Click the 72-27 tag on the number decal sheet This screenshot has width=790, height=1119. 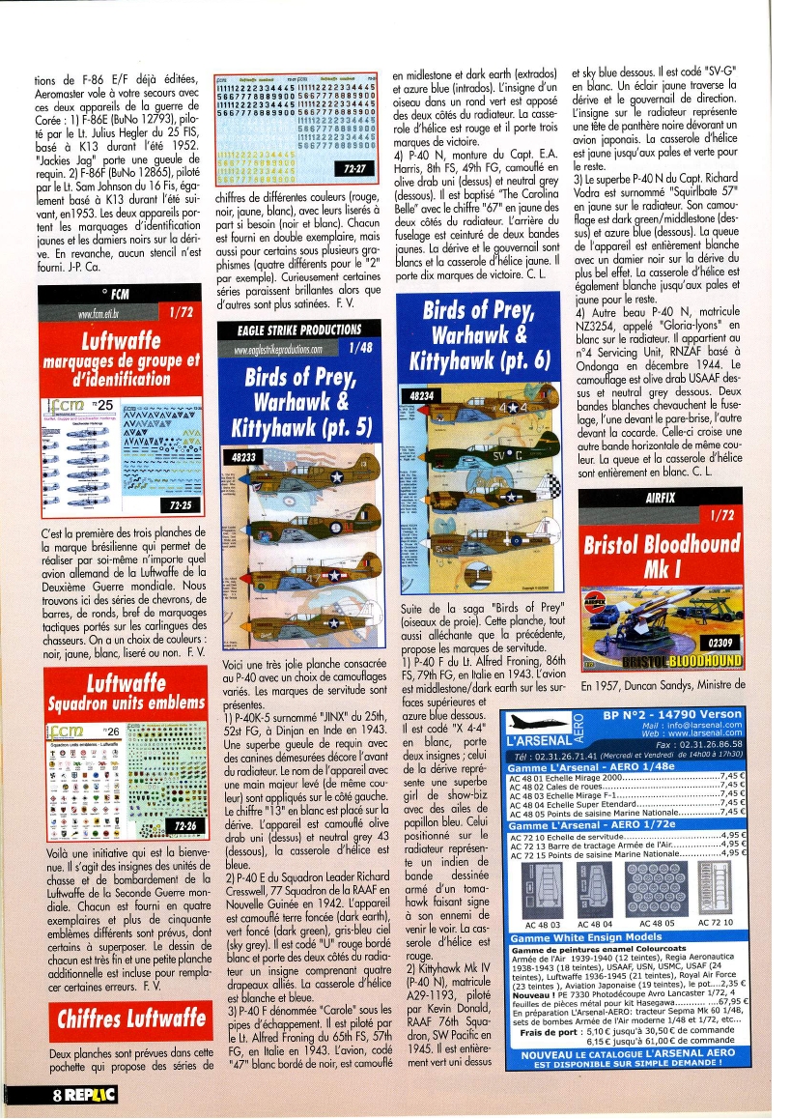tap(358, 169)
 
